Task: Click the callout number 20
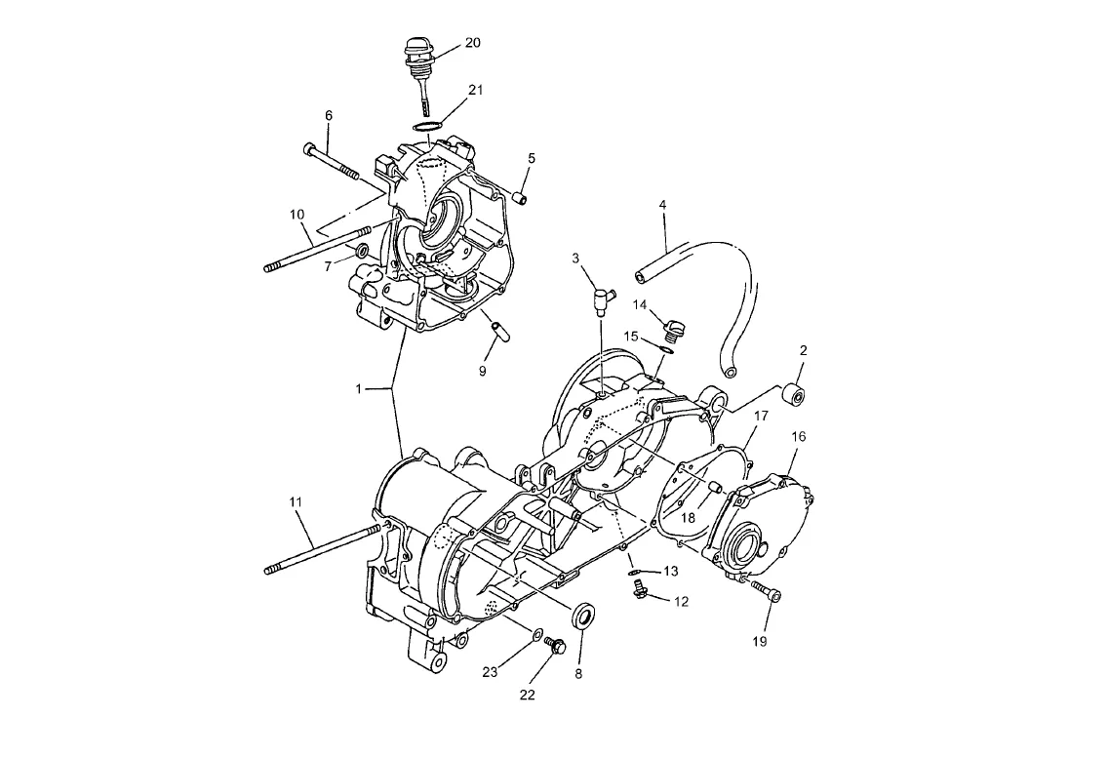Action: tap(473, 42)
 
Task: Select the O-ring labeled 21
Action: tap(427, 126)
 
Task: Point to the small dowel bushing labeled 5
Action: tap(522, 196)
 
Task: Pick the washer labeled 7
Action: tap(361, 250)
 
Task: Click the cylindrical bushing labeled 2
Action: tap(795, 395)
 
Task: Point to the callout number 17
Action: tap(761, 416)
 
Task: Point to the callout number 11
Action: tap(296, 501)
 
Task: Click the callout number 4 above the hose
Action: tap(662, 204)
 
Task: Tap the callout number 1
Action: tap(358, 389)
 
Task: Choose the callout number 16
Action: tap(798, 437)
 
